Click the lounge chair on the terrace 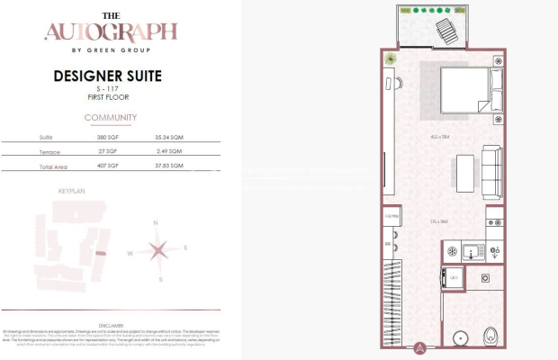pyautogui.click(x=447, y=32)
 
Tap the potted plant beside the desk pyautogui.click(x=391, y=61)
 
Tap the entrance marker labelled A pyautogui.click(x=420, y=347)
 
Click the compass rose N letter pyautogui.click(x=156, y=222)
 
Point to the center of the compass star pyautogui.click(x=157, y=251)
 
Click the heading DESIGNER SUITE pyautogui.click(x=111, y=76)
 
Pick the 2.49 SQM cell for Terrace pyautogui.click(x=169, y=151)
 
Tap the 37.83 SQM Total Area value pyautogui.click(x=169, y=166)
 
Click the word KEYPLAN pyautogui.click(x=71, y=192)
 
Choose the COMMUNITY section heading pyautogui.click(x=111, y=118)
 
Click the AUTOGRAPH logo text pyautogui.click(x=111, y=32)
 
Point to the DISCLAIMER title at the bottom pyautogui.click(x=111, y=325)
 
